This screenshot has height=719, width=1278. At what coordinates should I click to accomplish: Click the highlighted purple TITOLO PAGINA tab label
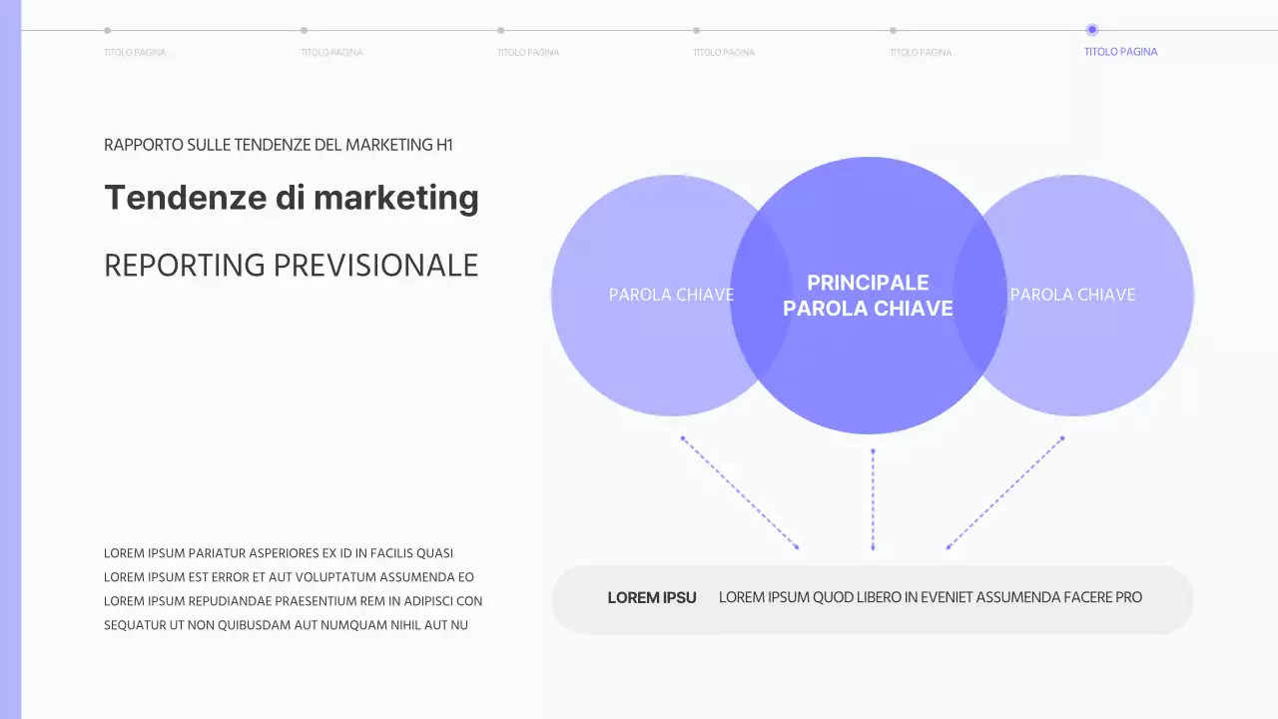click(x=1120, y=52)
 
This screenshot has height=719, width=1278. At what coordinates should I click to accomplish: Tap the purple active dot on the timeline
click(x=1091, y=30)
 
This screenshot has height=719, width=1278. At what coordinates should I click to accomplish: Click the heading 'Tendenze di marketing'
click(x=292, y=198)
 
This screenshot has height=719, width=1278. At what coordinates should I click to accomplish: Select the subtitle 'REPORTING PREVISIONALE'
click(x=292, y=266)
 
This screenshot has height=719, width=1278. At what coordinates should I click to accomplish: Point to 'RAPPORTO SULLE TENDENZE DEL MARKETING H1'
click(x=279, y=145)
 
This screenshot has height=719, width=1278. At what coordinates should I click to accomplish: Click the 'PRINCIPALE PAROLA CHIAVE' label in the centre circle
click(x=868, y=296)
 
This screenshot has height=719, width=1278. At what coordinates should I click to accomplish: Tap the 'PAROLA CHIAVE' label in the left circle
click(x=671, y=295)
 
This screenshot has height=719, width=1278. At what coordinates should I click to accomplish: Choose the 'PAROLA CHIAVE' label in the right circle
click(x=1072, y=295)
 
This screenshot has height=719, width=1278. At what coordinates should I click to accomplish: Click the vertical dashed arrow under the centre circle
click(x=873, y=499)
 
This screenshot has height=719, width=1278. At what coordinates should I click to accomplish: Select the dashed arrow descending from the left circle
click(x=740, y=493)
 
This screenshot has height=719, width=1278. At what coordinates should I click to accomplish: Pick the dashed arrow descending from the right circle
click(x=1004, y=493)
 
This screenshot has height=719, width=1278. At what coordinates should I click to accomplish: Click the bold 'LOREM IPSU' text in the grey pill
click(x=652, y=598)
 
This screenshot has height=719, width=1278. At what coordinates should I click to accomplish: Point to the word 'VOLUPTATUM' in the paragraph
click(x=328, y=577)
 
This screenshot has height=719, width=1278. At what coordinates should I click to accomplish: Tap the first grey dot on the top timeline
click(x=108, y=30)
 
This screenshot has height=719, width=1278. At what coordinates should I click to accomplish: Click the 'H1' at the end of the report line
click(x=444, y=145)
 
